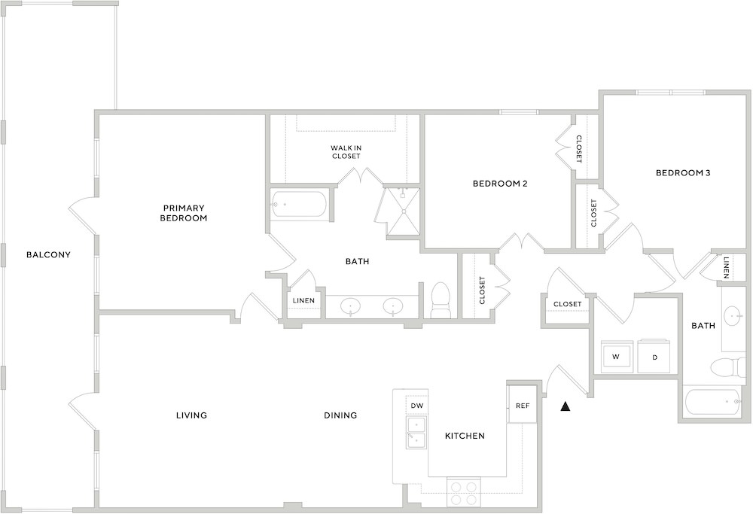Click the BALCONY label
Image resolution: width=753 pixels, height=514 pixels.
pyautogui.click(x=48, y=255)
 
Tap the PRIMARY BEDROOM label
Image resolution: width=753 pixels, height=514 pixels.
pyautogui.click(x=184, y=213)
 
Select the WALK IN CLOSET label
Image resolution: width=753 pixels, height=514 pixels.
pyautogui.click(x=346, y=152)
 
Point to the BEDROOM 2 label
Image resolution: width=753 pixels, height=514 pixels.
pyautogui.click(x=500, y=184)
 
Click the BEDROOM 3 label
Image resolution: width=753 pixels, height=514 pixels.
pyautogui.click(x=683, y=173)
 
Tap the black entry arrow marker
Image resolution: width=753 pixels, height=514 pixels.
pyautogui.click(x=566, y=406)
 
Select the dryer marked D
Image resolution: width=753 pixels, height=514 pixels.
pyautogui.click(x=654, y=356)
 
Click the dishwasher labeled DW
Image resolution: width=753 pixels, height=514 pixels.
pyautogui.click(x=417, y=406)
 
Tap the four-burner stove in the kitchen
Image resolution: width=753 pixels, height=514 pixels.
pyautogui.click(x=464, y=492)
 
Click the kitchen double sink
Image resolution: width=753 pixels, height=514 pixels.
pyautogui.click(x=417, y=433)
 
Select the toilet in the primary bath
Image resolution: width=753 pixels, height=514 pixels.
pyautogui.click(x=441, y=300)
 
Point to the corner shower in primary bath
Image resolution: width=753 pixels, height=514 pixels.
pyautogui.click(x=402, y=211)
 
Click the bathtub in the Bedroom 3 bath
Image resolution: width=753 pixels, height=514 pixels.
pyautogui.click(x=712, y=402)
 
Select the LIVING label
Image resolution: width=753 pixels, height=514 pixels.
pyautogui.click(x=191, y=415)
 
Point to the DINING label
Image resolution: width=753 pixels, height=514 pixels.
pyautogui.click(x=340, y=415)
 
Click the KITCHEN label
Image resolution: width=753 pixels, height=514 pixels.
pyautogui.click(x=465, y=436)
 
